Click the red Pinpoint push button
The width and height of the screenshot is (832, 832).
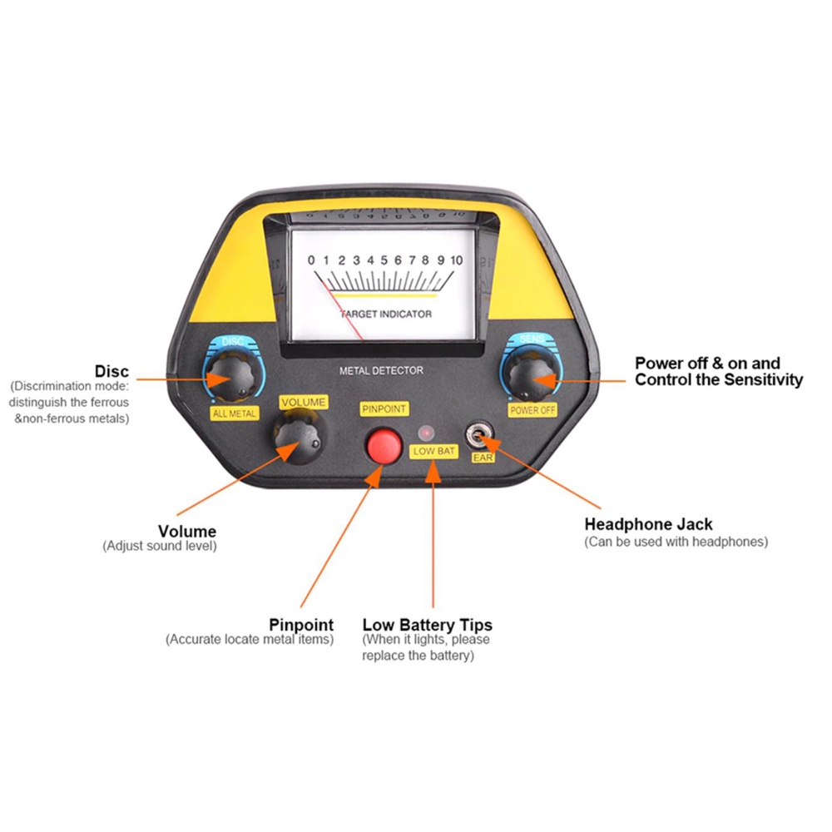point(384,446)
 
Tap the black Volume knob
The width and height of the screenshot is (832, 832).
point(299,437)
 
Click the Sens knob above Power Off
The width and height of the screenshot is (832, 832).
point(532,374)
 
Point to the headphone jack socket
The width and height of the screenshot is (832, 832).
point(478,435)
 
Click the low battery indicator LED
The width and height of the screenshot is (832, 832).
point(426,433)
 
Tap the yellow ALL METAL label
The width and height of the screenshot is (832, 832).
point(235,414)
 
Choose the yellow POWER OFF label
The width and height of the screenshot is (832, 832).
point(532,410)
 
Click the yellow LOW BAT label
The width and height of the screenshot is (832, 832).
point(433,452)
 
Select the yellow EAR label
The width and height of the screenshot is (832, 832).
point(483,458)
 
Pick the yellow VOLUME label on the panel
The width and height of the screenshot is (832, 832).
point(304,402)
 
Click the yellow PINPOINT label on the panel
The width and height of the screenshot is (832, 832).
point(384,409)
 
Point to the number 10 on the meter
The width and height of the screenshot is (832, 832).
point(457,260)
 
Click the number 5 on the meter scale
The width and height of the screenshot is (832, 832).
point(384,260)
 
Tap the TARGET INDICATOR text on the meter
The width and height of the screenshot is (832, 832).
point(386,314)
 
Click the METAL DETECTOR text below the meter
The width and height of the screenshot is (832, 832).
point(382,370)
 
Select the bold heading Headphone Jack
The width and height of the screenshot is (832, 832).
point(648,524)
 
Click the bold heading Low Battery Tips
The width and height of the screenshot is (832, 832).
point(427,625)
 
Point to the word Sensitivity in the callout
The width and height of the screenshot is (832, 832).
point(764,380)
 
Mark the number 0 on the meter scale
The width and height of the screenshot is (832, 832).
point(311,260)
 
